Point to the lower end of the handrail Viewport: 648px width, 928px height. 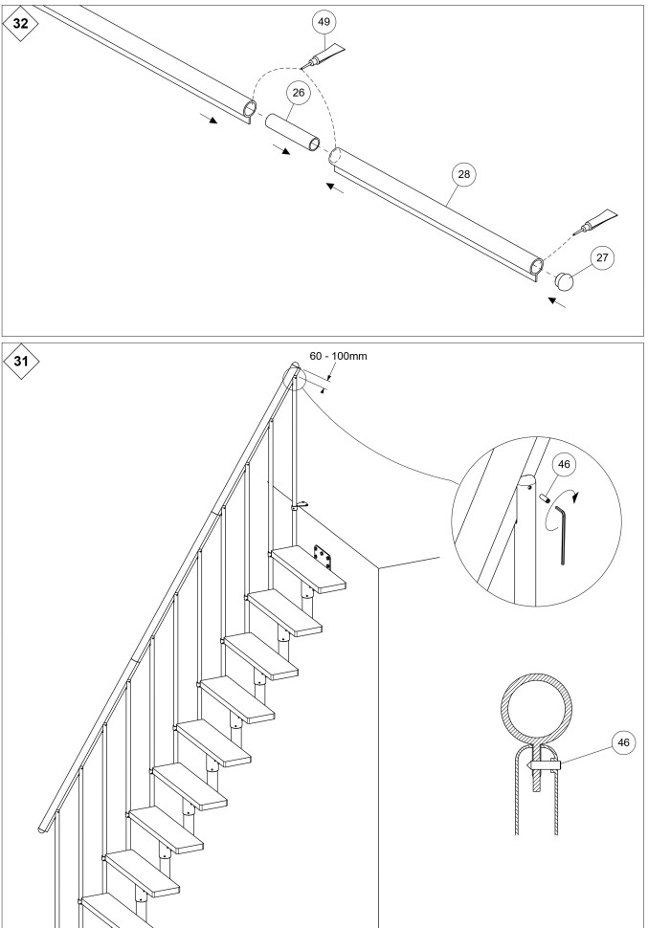pos(44,825)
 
